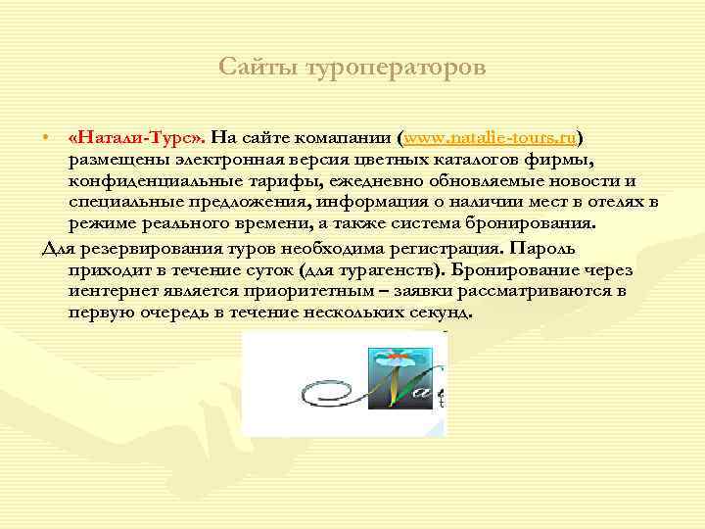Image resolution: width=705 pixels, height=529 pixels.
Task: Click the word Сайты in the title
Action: click(x=258, y=68)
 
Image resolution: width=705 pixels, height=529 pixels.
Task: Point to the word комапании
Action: click(x=342, y=137)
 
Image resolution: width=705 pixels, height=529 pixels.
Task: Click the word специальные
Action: click(x=124, y=202)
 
